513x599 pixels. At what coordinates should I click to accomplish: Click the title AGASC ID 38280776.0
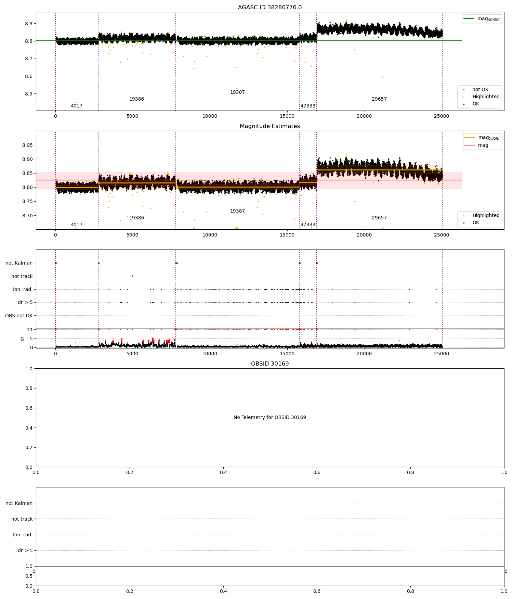click(269, 8)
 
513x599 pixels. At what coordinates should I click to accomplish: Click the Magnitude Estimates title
click(269, 126)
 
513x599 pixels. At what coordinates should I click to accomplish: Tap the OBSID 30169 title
click(269, 364)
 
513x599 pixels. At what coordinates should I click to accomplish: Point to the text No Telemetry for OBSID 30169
click(269, 418)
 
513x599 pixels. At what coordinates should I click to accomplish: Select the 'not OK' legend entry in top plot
click(480, 90)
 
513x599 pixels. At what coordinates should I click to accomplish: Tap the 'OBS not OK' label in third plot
click(19, 316)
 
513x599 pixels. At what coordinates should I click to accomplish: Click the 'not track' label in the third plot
click(22, 276)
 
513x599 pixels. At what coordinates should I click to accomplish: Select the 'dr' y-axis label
click(22, 339)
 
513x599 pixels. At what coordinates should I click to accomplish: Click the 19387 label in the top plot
click(237, 92)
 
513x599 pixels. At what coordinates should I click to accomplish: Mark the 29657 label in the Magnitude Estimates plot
click(379, 218)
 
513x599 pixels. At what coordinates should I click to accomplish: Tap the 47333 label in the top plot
click(308, 106)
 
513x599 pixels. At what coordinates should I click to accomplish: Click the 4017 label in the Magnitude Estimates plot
click(77, 225)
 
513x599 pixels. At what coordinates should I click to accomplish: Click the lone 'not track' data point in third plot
click(132, 276)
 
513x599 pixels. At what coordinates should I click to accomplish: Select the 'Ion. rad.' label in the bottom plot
click(23, 535)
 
